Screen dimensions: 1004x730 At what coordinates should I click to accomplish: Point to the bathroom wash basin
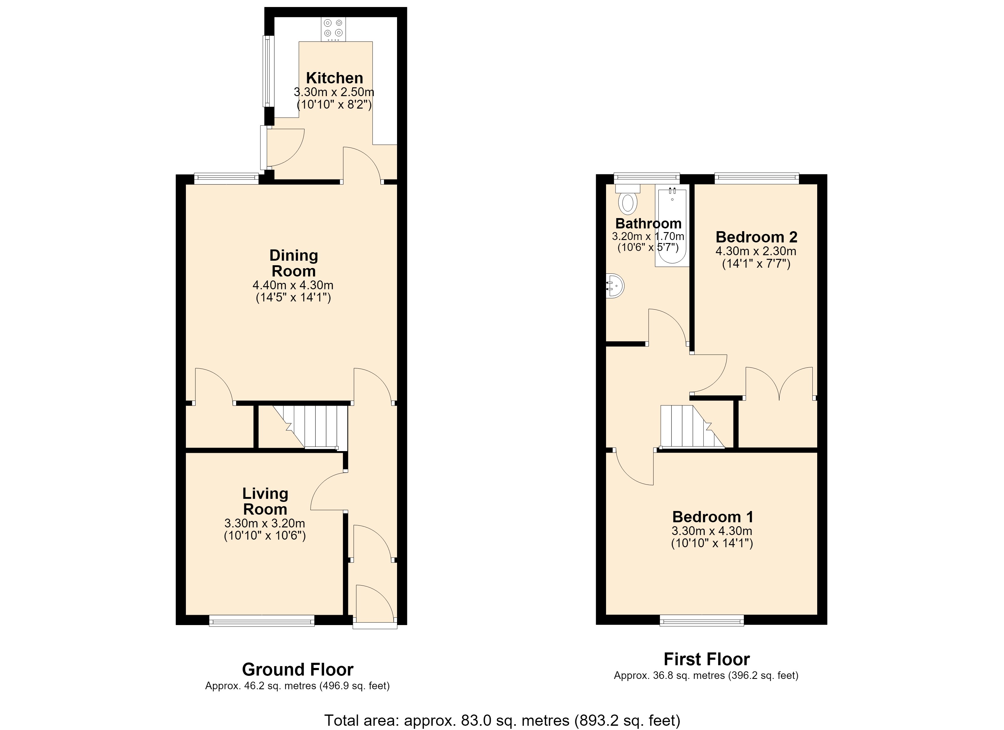point(615,286)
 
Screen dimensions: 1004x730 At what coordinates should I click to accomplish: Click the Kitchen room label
point(335,78)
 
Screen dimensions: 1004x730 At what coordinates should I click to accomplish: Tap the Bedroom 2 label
point(757,237)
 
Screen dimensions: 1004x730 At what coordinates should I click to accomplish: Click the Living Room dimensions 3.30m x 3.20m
point(265,523)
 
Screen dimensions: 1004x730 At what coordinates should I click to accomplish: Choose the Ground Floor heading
point(298,670)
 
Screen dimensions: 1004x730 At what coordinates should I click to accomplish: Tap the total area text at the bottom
point(502,720)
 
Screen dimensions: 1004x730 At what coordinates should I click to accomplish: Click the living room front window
point(262,621)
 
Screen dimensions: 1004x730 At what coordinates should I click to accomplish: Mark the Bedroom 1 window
point(702,621)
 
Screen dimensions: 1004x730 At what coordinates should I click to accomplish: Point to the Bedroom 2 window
point(757,179)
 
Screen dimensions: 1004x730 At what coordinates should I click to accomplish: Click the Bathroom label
point(649,223)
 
